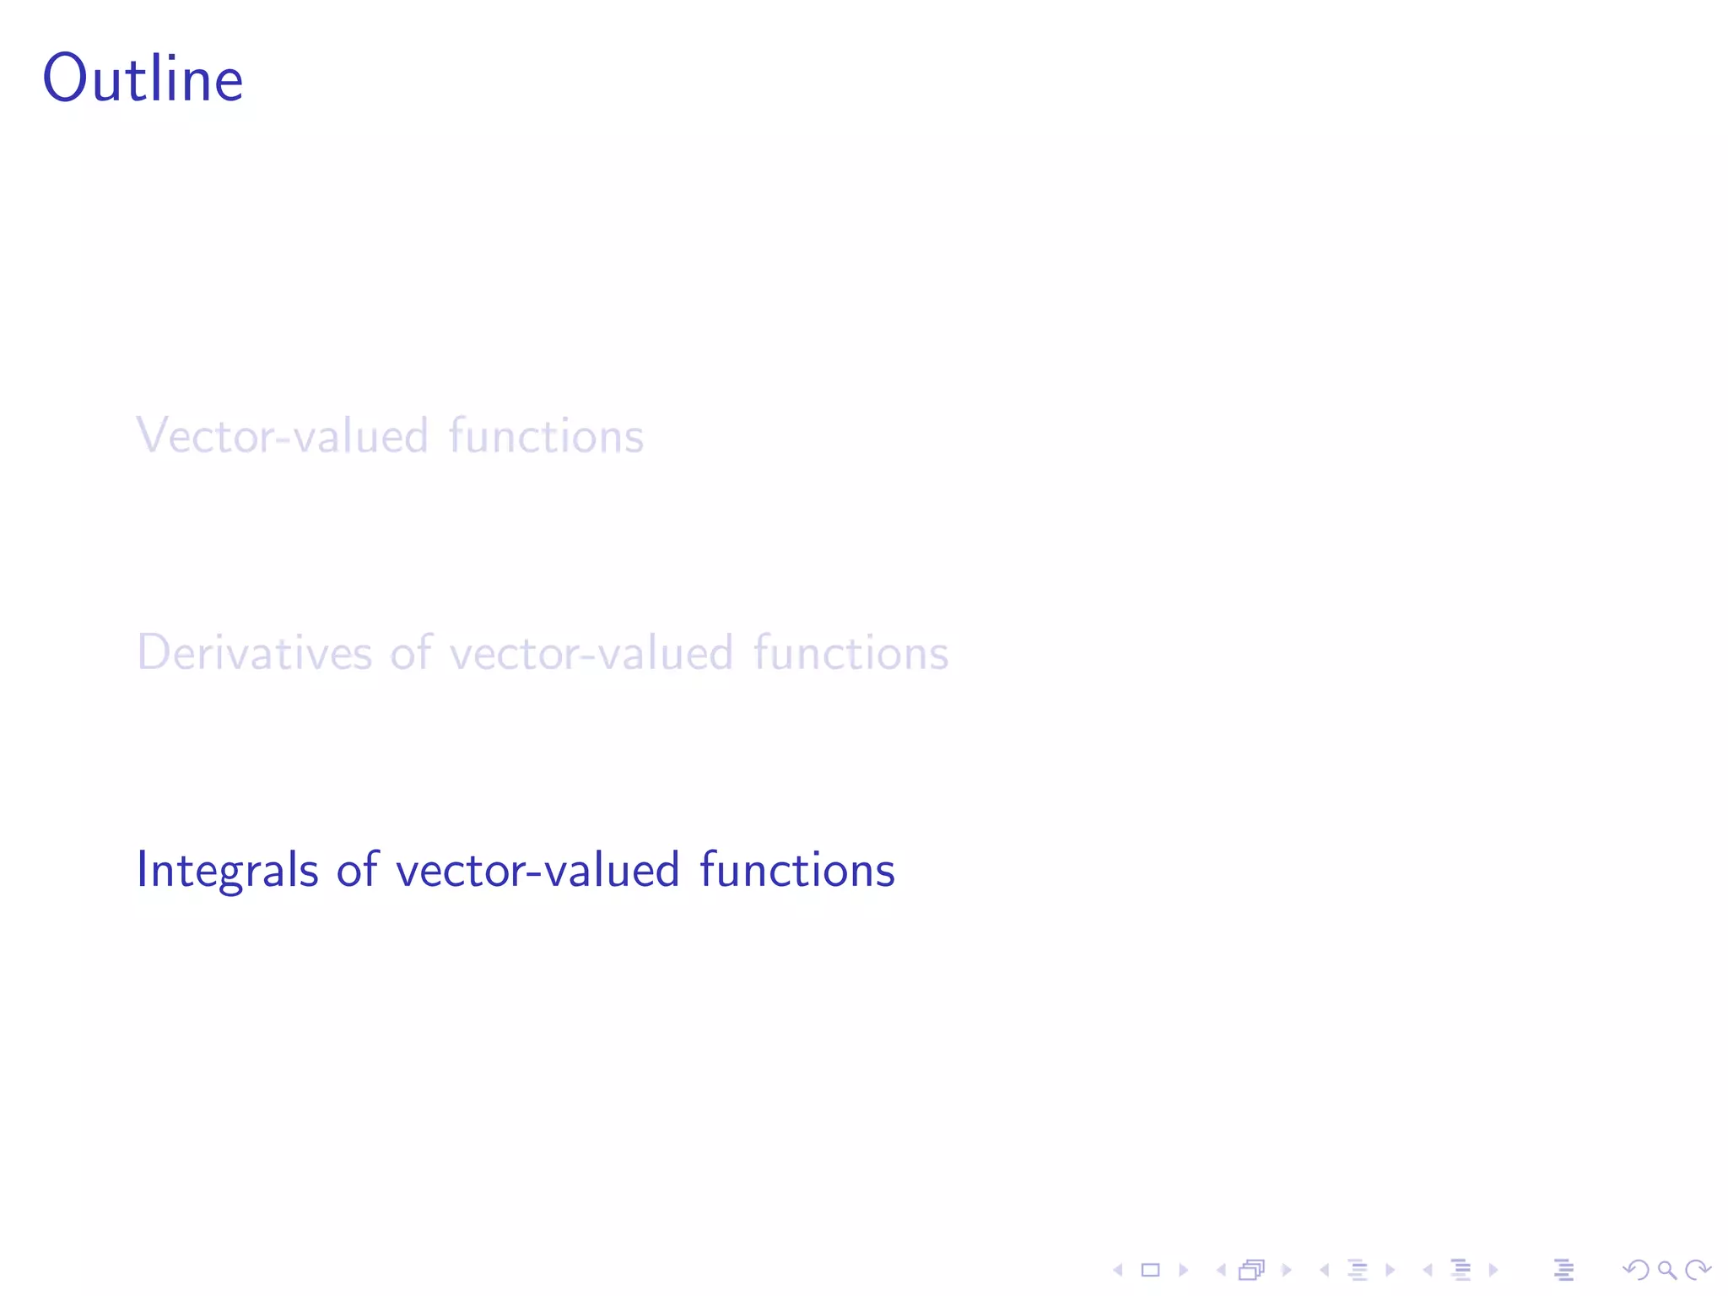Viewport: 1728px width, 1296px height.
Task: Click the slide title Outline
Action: (143, 78)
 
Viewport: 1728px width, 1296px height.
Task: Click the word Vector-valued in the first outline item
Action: (283, 436)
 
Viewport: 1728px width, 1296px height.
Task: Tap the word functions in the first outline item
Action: (546, 436)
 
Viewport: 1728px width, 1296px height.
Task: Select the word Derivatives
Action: (254, 653)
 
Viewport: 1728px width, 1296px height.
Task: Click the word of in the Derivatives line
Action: (411, 653)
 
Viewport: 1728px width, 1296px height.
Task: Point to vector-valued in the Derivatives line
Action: (591, 653)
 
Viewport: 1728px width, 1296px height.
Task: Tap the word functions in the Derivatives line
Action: (850, 653)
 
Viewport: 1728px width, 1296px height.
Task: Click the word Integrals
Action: (228, 870)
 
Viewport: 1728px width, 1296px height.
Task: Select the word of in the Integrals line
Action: (357, 870)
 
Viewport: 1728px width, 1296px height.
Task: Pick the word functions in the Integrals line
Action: (797, 870)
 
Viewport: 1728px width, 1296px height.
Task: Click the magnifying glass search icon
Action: (1666, 1270)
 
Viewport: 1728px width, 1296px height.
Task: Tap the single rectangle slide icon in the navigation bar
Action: (1151, 1270)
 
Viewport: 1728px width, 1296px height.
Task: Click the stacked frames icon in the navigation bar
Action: (1252, 1270)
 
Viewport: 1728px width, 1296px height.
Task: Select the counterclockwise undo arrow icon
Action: (1636, 1270)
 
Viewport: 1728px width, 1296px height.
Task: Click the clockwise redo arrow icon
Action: (1698, 1270)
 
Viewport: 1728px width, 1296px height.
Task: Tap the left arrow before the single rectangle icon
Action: (1118, 1270)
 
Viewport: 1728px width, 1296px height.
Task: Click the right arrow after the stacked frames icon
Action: (1287, 1270)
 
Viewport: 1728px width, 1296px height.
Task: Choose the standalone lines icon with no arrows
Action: (1563, 1270)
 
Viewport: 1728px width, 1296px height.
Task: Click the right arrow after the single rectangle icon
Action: (1183, 1270)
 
